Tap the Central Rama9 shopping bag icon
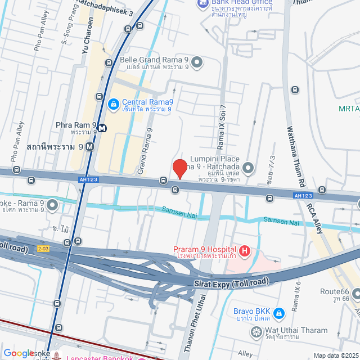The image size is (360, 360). [x=113, y=103]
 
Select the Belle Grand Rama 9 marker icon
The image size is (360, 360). [x=197, y=62]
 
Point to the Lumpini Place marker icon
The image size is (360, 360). [x=248, y=168]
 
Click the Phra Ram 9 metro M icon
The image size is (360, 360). [x=102, y=127]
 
